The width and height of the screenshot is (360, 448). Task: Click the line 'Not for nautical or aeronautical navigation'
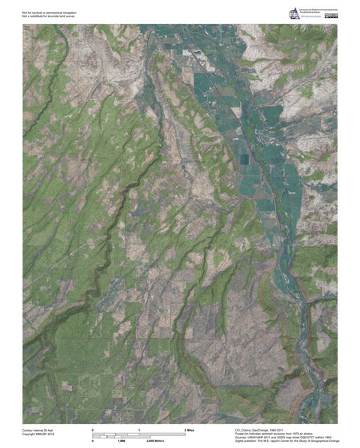[49, 12]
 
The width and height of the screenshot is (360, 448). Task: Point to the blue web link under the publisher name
[311, 18]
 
